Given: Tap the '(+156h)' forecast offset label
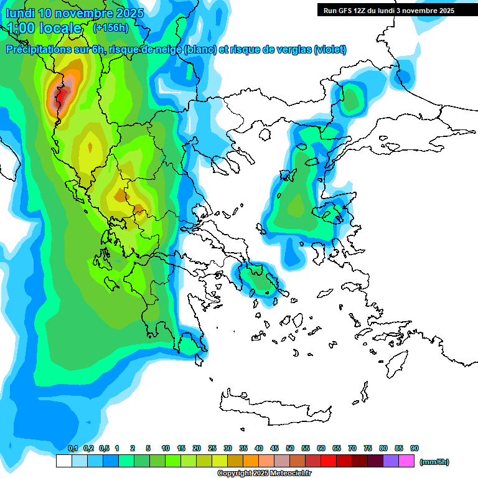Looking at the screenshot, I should click(x=110, y=27).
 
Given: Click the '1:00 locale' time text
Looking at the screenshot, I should click(x=44, y=28).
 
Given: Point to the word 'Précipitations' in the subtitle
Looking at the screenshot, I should click(x=39, y=50).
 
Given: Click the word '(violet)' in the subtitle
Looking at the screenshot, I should click(x=330, y=50).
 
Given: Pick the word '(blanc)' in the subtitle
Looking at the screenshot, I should click(x=199, y=50).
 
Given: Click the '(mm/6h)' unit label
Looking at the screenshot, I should click(x=434, y=462).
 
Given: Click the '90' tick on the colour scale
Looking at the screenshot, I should click(x=415, y=448).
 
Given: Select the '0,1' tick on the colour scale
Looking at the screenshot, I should click(x=72, y=448).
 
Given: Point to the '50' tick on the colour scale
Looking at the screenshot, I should click(x=290, y=448).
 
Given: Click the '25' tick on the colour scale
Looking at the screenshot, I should click(x=212, y=448).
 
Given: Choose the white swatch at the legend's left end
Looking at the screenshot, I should click(x=63, y=461).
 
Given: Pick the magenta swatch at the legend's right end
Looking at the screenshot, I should click(x=406, y=461).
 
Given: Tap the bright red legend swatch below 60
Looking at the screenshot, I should click(x=328, y=461).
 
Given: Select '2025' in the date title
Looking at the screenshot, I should click(x=129, y=13).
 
